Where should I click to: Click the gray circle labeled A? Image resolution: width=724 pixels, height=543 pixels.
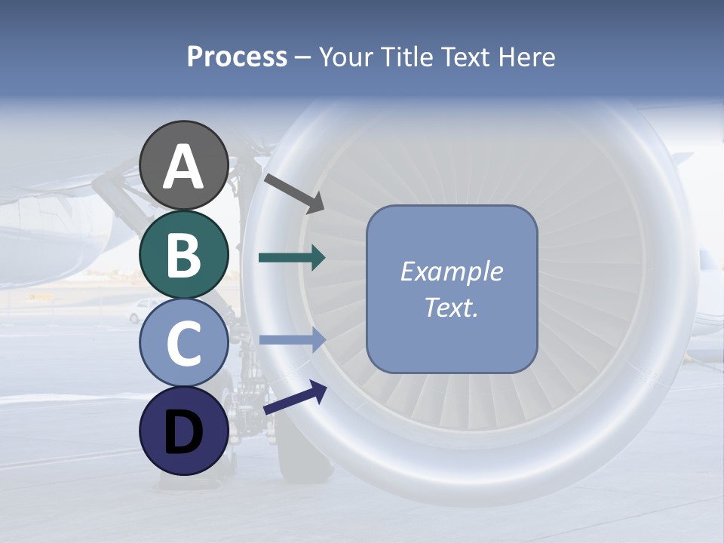pyautogui.click(x=184, y=166)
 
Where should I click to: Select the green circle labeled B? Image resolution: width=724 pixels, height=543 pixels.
pyautogui.click(x=184, y=255)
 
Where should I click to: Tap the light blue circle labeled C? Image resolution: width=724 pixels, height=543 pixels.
pyautogui.click(x=184, y=342)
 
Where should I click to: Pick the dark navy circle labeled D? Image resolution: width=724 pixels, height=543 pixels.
pyautogui.click(x=184, y=431)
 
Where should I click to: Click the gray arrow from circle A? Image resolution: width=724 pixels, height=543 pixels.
pyautogui.click(x=294, y=193)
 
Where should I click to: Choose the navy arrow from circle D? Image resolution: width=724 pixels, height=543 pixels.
pyautogui.click(x=295, y=398)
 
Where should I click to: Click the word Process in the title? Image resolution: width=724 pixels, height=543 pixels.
pyautogui.click(x=237, y=57)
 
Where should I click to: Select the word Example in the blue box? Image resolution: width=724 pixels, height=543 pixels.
pyautogui.click(x=451, y=271)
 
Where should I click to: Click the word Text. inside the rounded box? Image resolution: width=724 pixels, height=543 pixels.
pyautogui.click(x=451, y=307)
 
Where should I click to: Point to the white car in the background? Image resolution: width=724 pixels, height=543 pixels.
pyautogui.click(x=143, y=310)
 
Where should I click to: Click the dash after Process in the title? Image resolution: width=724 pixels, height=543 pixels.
pyautogui.click(x=302, y=58)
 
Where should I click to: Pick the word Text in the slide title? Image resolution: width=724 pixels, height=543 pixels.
pyautogui.click(x=465, y=57)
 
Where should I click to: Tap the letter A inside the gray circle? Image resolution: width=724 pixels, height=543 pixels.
pyautogui.click(x=184, y=167)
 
